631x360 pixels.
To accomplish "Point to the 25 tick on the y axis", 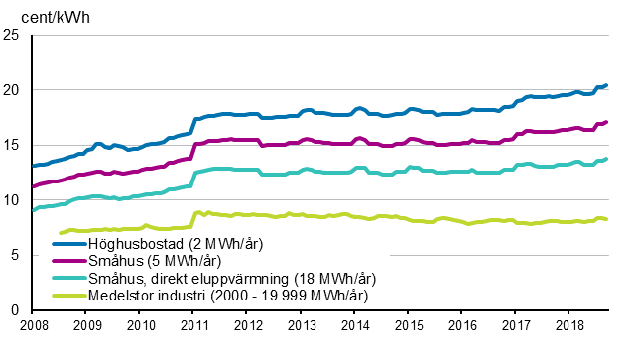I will [13, 35].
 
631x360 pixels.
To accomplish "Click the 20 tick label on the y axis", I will [13, 90].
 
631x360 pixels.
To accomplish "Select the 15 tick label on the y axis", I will [13, 145].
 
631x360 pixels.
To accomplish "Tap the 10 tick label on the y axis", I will [13, 200].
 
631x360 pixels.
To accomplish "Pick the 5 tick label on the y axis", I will [17, 255].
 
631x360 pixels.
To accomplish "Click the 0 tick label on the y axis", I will [17, 310].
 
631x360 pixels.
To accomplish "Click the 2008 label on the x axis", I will [33, 325].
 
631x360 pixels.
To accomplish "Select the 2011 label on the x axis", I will [193, 325].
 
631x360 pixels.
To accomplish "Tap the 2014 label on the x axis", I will [354, 325].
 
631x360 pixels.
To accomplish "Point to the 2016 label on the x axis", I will [461, 325].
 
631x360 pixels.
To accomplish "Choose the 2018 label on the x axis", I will [568, 325].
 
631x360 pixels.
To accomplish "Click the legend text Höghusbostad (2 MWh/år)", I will [165, 243].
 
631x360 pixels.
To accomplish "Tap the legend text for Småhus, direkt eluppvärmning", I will [217, 277].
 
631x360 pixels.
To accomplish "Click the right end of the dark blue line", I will [607, 85].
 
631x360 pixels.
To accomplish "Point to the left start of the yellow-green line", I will [61, 233].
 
